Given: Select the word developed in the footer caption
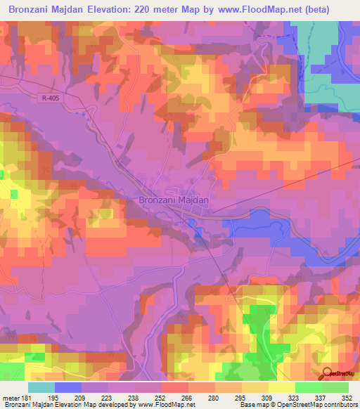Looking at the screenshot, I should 116,405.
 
